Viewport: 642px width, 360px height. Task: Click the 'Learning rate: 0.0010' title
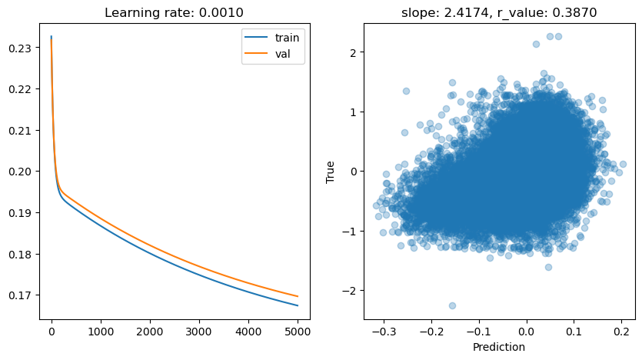175,12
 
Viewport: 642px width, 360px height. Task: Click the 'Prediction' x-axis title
500,347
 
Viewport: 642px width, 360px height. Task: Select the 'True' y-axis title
331,171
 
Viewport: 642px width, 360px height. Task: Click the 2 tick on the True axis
352,52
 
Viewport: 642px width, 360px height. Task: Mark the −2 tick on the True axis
349,290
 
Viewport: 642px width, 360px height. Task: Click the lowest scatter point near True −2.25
452,305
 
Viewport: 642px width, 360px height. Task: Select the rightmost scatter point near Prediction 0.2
623,164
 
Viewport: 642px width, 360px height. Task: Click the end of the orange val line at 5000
297,296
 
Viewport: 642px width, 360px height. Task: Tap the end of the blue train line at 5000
297,305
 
